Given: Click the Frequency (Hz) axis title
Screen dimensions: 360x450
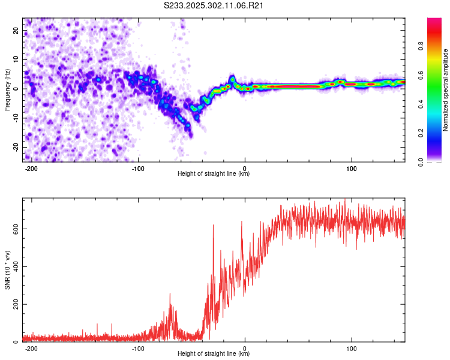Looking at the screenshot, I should [7, 90].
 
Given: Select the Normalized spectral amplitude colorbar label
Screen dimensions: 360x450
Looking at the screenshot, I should [446, 90].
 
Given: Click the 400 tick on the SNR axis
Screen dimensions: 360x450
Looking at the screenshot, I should [14, 266].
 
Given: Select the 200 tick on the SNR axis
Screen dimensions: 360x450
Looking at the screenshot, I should [14, 304].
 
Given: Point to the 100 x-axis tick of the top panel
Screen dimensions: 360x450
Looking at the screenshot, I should [352, 167].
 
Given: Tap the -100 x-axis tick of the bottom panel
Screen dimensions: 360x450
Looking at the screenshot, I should [139, 347].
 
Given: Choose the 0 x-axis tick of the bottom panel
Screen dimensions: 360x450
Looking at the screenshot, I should [245, 347].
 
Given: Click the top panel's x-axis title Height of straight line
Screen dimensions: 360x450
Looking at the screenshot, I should [214, 173].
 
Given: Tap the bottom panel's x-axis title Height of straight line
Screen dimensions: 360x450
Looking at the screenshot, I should [214, 353].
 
